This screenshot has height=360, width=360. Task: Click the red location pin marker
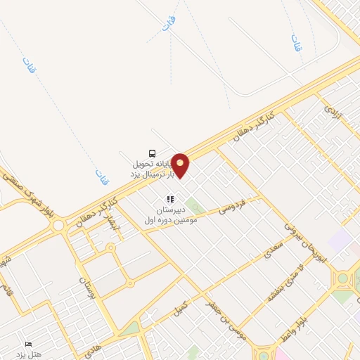coord(181,165)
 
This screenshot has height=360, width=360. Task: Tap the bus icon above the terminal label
coord(152,153)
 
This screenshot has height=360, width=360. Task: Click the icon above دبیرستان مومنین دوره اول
coord(169,199)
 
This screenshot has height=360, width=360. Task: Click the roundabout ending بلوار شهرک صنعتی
coord(58,225)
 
